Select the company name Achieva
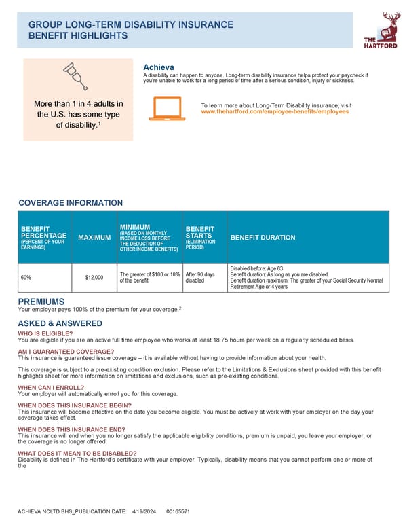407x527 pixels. coord(159,67)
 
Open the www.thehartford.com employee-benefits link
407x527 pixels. coord(275,111)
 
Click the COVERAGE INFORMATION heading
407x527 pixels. coord(71,203)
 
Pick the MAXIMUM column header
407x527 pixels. coord(94,238)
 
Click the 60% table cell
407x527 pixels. coord(26,278)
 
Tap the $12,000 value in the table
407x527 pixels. coord(94,278)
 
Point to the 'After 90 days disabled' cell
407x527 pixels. coord(199,277)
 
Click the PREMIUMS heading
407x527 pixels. coord(41,302)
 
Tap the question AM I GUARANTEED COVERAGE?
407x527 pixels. coord(66,351)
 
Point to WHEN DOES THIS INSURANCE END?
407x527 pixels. coord(71,429)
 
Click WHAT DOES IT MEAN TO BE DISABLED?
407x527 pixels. coord(77,453)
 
